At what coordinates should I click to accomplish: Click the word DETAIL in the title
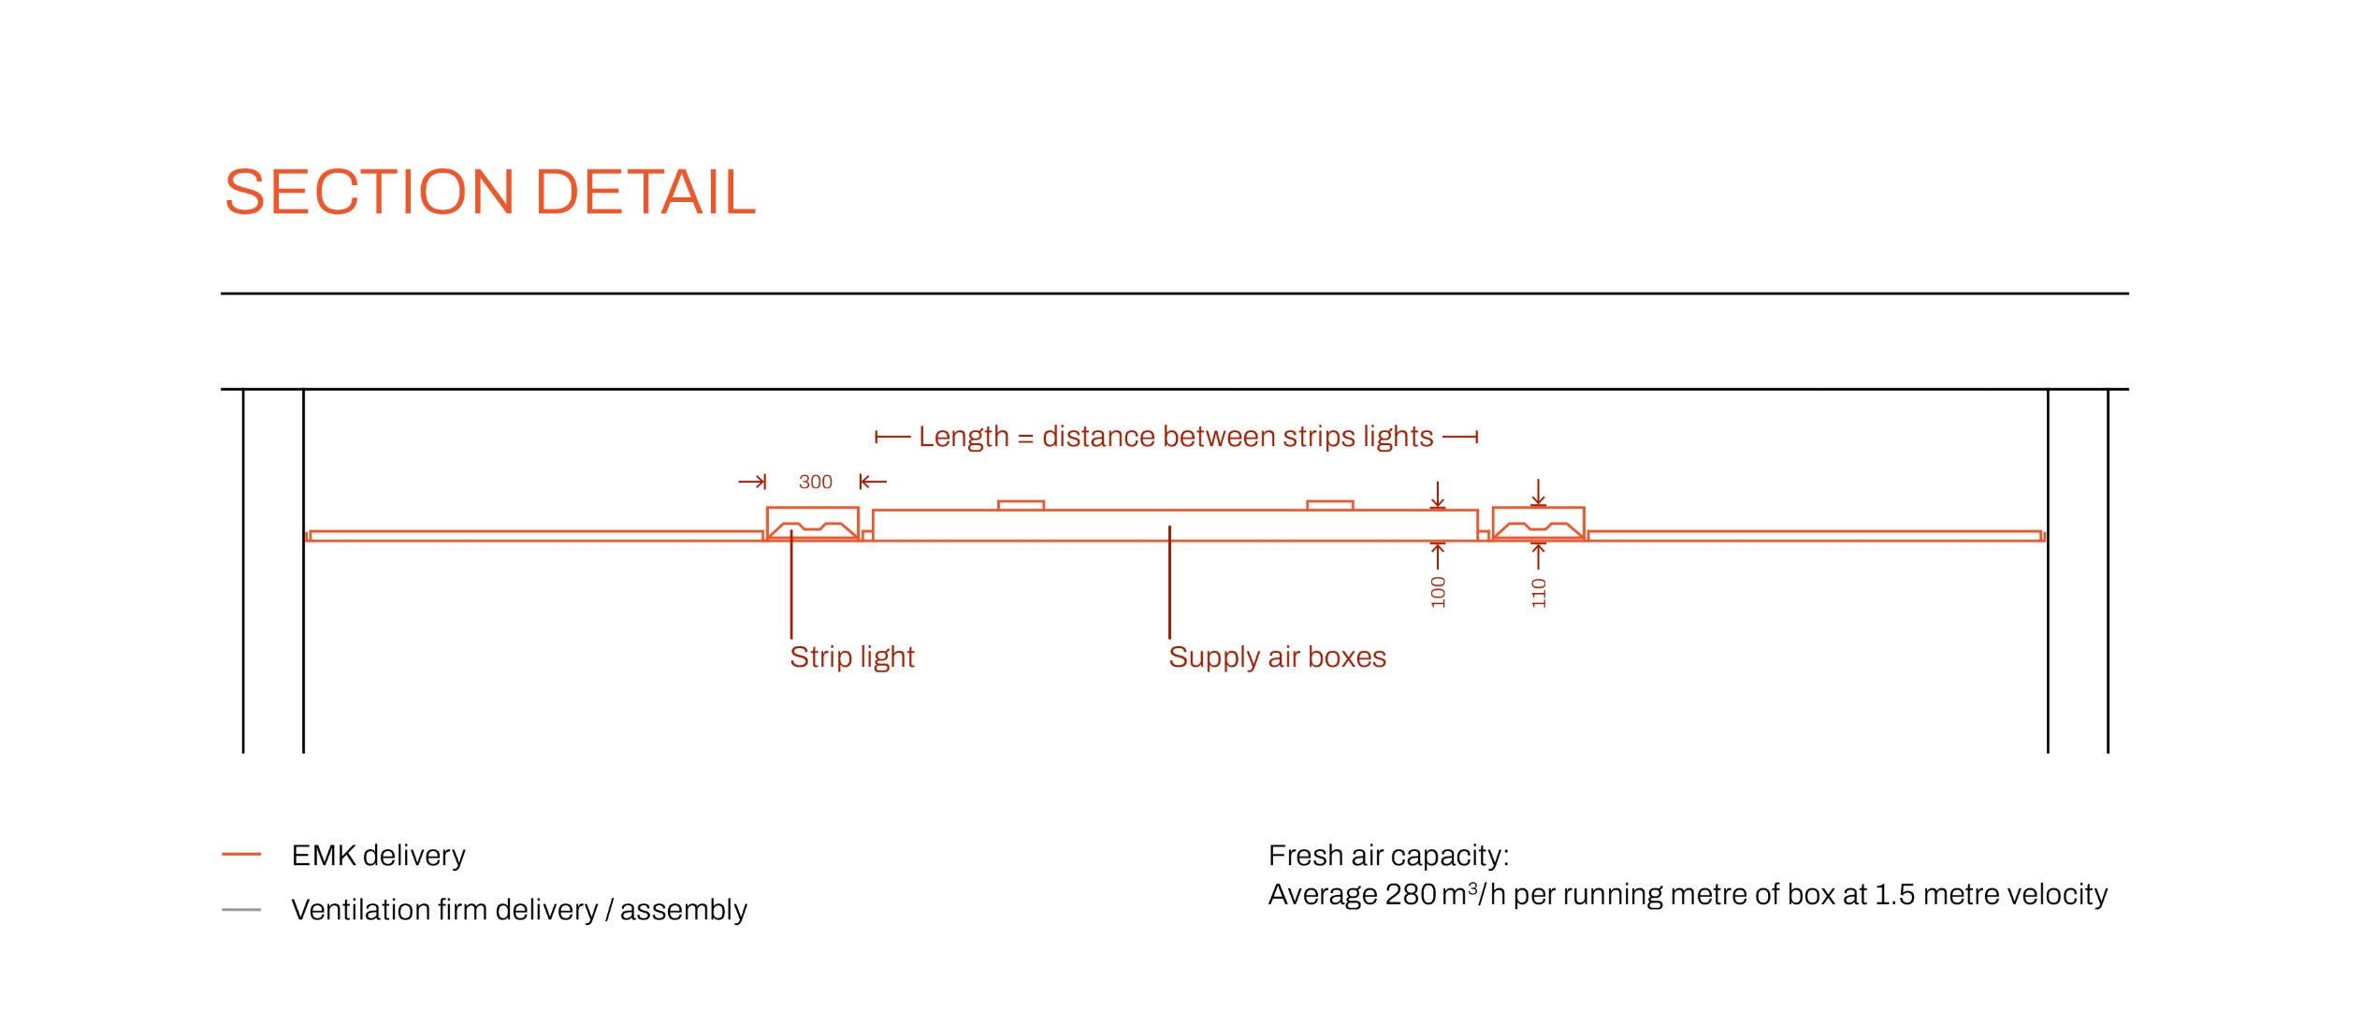tap(645, 193)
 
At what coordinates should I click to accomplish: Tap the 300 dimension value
tap(815, 482)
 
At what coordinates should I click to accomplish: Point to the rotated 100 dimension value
tap(1438, 592)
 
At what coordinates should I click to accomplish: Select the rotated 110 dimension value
tap(1539, 593)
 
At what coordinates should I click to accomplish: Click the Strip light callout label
tap(852, 656)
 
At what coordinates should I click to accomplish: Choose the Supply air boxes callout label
tap(1277, 656)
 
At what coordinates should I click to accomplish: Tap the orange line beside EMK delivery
tap(241, 854)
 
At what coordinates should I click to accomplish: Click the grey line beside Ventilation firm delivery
tap(241, 909)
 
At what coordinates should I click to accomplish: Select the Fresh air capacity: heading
tap(1388, 855)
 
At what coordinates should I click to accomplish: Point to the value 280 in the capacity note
tap(1411, 895)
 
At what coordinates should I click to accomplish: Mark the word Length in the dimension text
tap(964, 437)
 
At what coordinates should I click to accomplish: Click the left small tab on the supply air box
tap(1021, 505)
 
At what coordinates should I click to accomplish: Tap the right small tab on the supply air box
tap(1329, 505)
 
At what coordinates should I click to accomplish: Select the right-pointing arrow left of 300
tap(752, 482)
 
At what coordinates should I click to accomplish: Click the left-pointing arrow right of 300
tap(873, 482)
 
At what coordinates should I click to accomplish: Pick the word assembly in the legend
tap(683, 910)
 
